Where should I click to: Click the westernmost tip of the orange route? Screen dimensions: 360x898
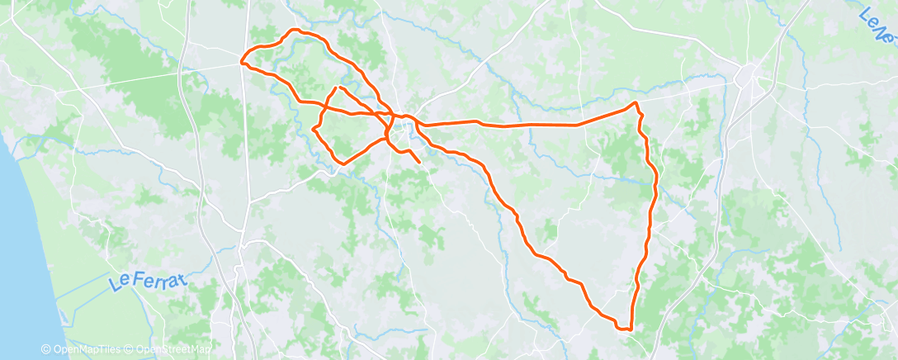[x=241, y=61]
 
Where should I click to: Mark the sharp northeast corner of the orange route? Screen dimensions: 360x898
[x=636, y=103]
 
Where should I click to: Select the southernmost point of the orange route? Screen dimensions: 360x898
[x=629, y=329]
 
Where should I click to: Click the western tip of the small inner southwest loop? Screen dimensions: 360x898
[x=314, y=130]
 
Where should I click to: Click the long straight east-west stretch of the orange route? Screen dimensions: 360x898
[x=528, y=125]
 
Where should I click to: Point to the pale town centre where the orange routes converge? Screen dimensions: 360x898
[x=402, y=130]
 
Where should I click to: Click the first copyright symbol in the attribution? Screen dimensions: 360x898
[x=49, y=349]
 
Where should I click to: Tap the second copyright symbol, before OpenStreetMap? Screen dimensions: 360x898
[x=132, y=349]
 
